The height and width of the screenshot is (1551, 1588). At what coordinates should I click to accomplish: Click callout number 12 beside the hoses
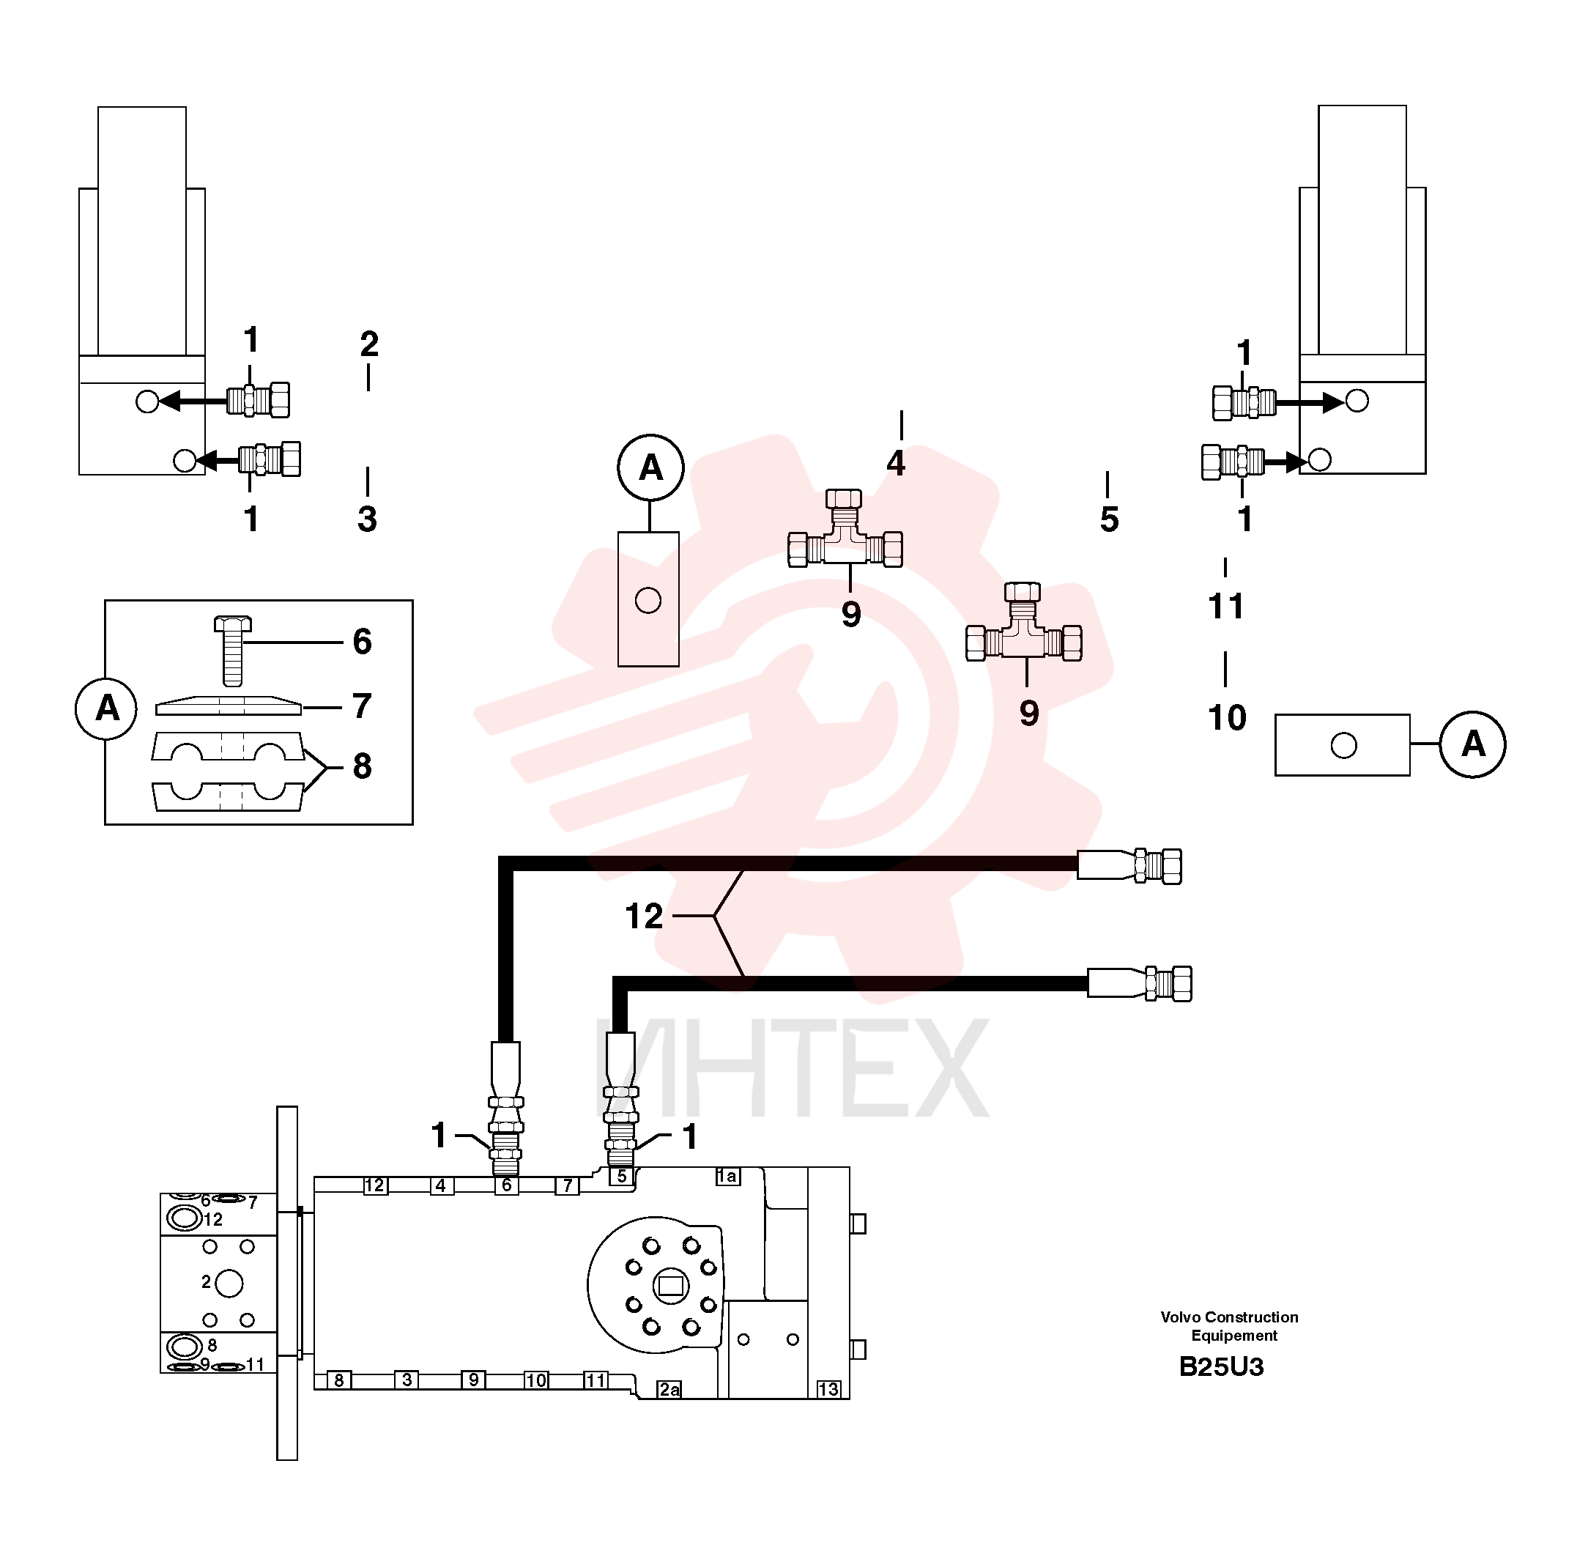pos(643,917)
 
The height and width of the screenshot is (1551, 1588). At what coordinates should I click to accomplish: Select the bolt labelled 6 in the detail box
pos(233,650)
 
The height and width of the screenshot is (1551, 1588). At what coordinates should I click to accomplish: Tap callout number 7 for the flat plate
pos(362,706)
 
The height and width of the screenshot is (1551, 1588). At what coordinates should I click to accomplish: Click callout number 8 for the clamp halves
pos(362,766)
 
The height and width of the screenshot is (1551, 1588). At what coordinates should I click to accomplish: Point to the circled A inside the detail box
pos(107,708)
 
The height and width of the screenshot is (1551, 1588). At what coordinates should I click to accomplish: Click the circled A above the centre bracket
pos(650,467)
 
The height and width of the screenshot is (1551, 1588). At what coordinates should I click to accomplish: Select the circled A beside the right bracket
pos(1472,744)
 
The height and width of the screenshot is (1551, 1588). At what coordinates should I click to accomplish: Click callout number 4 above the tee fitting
pos(896,463)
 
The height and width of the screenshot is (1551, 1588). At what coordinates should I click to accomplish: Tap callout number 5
pos(1109,519)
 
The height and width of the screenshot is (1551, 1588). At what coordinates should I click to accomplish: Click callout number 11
pos(1225,606)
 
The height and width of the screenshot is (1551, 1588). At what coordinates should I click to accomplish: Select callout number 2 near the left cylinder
pos(369,344)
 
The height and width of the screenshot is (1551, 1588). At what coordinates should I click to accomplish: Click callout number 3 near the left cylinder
pos(367,519)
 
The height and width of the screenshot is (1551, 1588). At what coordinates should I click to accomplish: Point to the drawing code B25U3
pos(1221,1366)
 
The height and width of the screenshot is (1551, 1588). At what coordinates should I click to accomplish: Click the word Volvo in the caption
pos(1180,1317)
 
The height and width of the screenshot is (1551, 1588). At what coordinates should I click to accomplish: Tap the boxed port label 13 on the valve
pos(828,1389)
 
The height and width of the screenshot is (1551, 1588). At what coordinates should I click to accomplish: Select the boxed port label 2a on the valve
pos(669,1389)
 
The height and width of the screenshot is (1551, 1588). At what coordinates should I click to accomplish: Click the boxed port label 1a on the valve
pos(727,1175)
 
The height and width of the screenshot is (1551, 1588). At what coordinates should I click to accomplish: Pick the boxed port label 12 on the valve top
pos(374,1185)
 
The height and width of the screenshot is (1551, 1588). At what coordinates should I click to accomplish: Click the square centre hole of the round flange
pos(670,1287)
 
